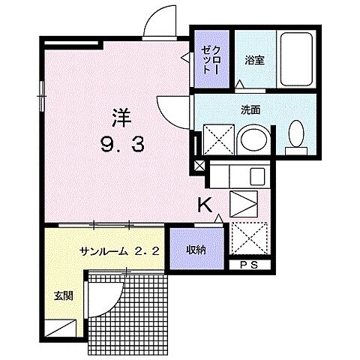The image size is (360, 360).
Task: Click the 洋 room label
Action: click(123, 118)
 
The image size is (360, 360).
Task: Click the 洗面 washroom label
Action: click(250, 109)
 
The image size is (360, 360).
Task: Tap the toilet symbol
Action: click(298, 136)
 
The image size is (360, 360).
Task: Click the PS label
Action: click(247, 265)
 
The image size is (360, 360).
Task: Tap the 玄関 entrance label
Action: click(62, 295)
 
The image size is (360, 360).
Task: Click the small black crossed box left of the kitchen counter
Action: click(199, 166)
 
